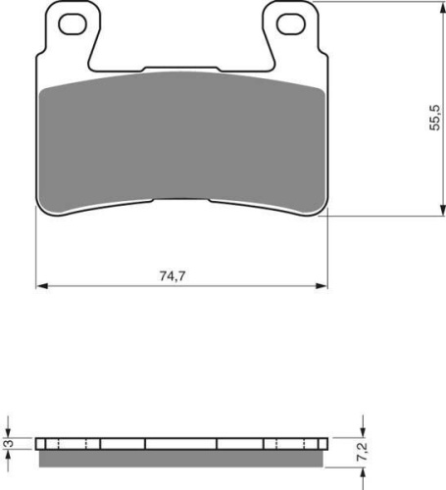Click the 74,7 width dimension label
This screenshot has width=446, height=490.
click(173, 276)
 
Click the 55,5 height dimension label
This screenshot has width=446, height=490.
click(434, 118)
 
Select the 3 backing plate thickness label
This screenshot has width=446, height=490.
click(10, 444)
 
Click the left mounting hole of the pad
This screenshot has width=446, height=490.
click(73, 24)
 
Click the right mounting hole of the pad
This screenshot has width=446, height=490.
click(291, 24)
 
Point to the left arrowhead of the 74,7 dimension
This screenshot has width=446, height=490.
click(42, 286)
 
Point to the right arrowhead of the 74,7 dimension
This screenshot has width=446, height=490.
click(321, 286)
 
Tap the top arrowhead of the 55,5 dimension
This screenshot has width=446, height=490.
click(442, 8)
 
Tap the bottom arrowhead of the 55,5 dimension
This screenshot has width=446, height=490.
click(442, 210)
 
